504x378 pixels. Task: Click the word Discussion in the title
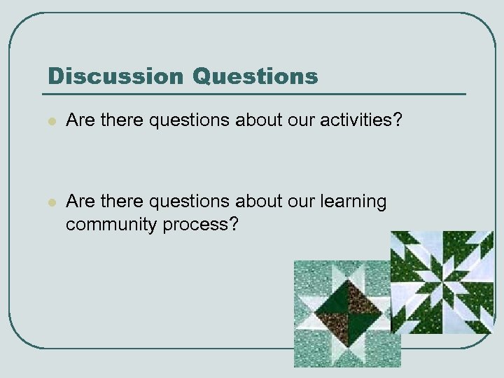click(x=115, y=76)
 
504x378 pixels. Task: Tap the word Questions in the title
click(x=255, y=76)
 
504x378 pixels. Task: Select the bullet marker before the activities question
click(x=50, y=122)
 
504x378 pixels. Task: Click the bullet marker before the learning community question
click(x=50, y=203)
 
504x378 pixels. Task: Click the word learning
click(x=353, y=202)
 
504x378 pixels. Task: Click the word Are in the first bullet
click(x=80, y=121)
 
